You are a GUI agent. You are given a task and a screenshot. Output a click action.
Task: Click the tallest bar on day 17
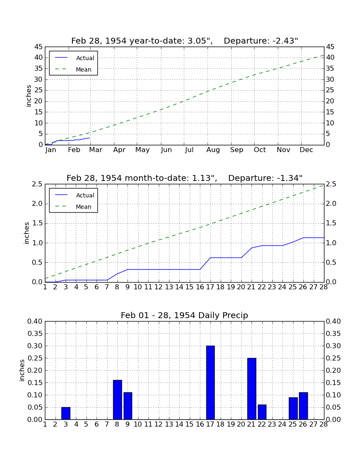(210, 383)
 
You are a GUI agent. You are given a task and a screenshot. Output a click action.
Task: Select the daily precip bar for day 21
(252, 389)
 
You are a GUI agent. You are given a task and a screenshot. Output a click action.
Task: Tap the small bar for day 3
(66, 413)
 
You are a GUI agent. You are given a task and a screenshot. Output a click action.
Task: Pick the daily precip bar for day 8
(117, 400)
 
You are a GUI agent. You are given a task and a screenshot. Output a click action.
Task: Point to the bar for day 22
(262, 412)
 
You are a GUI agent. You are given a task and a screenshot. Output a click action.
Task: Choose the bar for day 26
(303, 406)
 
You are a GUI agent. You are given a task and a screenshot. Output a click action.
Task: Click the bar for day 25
(293, 408)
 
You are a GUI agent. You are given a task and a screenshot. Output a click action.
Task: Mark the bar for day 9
(128, 406)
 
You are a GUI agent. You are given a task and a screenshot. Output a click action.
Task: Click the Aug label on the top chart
(213, 150)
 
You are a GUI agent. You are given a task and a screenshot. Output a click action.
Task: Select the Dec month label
(306, 150)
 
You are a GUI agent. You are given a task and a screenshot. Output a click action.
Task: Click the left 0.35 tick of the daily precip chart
(35, 333)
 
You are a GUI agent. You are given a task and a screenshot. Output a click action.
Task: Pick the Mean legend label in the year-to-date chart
(83, 69)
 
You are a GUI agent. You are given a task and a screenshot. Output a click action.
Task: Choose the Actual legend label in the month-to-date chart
(85, 195)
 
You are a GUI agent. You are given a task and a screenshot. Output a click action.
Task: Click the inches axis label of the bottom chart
(22, 370)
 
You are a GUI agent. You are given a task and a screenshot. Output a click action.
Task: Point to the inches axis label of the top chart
(28, 96)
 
